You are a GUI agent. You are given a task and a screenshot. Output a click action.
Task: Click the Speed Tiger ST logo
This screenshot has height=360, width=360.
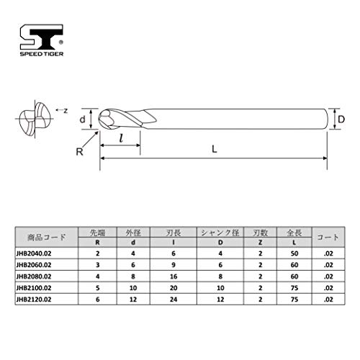coord(42,37)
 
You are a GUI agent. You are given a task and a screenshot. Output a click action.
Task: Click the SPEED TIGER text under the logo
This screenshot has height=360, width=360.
coord(42,54)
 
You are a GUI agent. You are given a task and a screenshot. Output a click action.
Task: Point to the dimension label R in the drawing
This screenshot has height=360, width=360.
coord(79,152)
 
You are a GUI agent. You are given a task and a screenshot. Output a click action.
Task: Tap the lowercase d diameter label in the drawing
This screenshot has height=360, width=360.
coord(82,120)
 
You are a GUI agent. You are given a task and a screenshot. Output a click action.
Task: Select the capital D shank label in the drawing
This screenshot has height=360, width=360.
coord(341,120)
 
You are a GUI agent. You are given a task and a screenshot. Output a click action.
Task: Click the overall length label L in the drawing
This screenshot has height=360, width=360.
coord(215,149)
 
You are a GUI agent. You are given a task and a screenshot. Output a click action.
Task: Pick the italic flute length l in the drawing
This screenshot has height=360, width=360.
coord(121,138)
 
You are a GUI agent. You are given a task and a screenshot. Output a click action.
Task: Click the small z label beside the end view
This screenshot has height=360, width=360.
coord(66,111)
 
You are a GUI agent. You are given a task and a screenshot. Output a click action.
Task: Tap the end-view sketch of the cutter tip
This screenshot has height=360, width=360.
coord(35,120)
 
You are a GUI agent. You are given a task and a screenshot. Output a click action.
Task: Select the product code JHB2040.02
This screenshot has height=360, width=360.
coord(34,253)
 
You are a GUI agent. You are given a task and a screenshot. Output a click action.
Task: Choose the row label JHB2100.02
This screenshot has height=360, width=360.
coord(34,288)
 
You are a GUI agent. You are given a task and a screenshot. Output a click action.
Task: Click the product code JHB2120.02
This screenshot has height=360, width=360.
coord(34,300)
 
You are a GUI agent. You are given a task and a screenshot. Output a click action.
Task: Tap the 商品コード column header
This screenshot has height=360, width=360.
coord(47,238)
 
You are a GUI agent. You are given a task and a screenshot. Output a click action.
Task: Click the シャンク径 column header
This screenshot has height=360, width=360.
coord(220,233)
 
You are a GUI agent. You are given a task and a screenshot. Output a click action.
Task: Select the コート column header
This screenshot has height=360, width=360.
coord(328,238)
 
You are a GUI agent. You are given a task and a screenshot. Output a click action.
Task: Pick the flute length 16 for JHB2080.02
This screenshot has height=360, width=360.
coord(174,276)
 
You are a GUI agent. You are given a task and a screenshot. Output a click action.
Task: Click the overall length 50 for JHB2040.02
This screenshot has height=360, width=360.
coord(294,253)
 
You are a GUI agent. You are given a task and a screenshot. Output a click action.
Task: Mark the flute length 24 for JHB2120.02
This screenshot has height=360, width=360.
coord(174,300)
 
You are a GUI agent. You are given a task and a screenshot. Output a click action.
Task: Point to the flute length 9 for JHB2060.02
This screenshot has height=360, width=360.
coord(174,265)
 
